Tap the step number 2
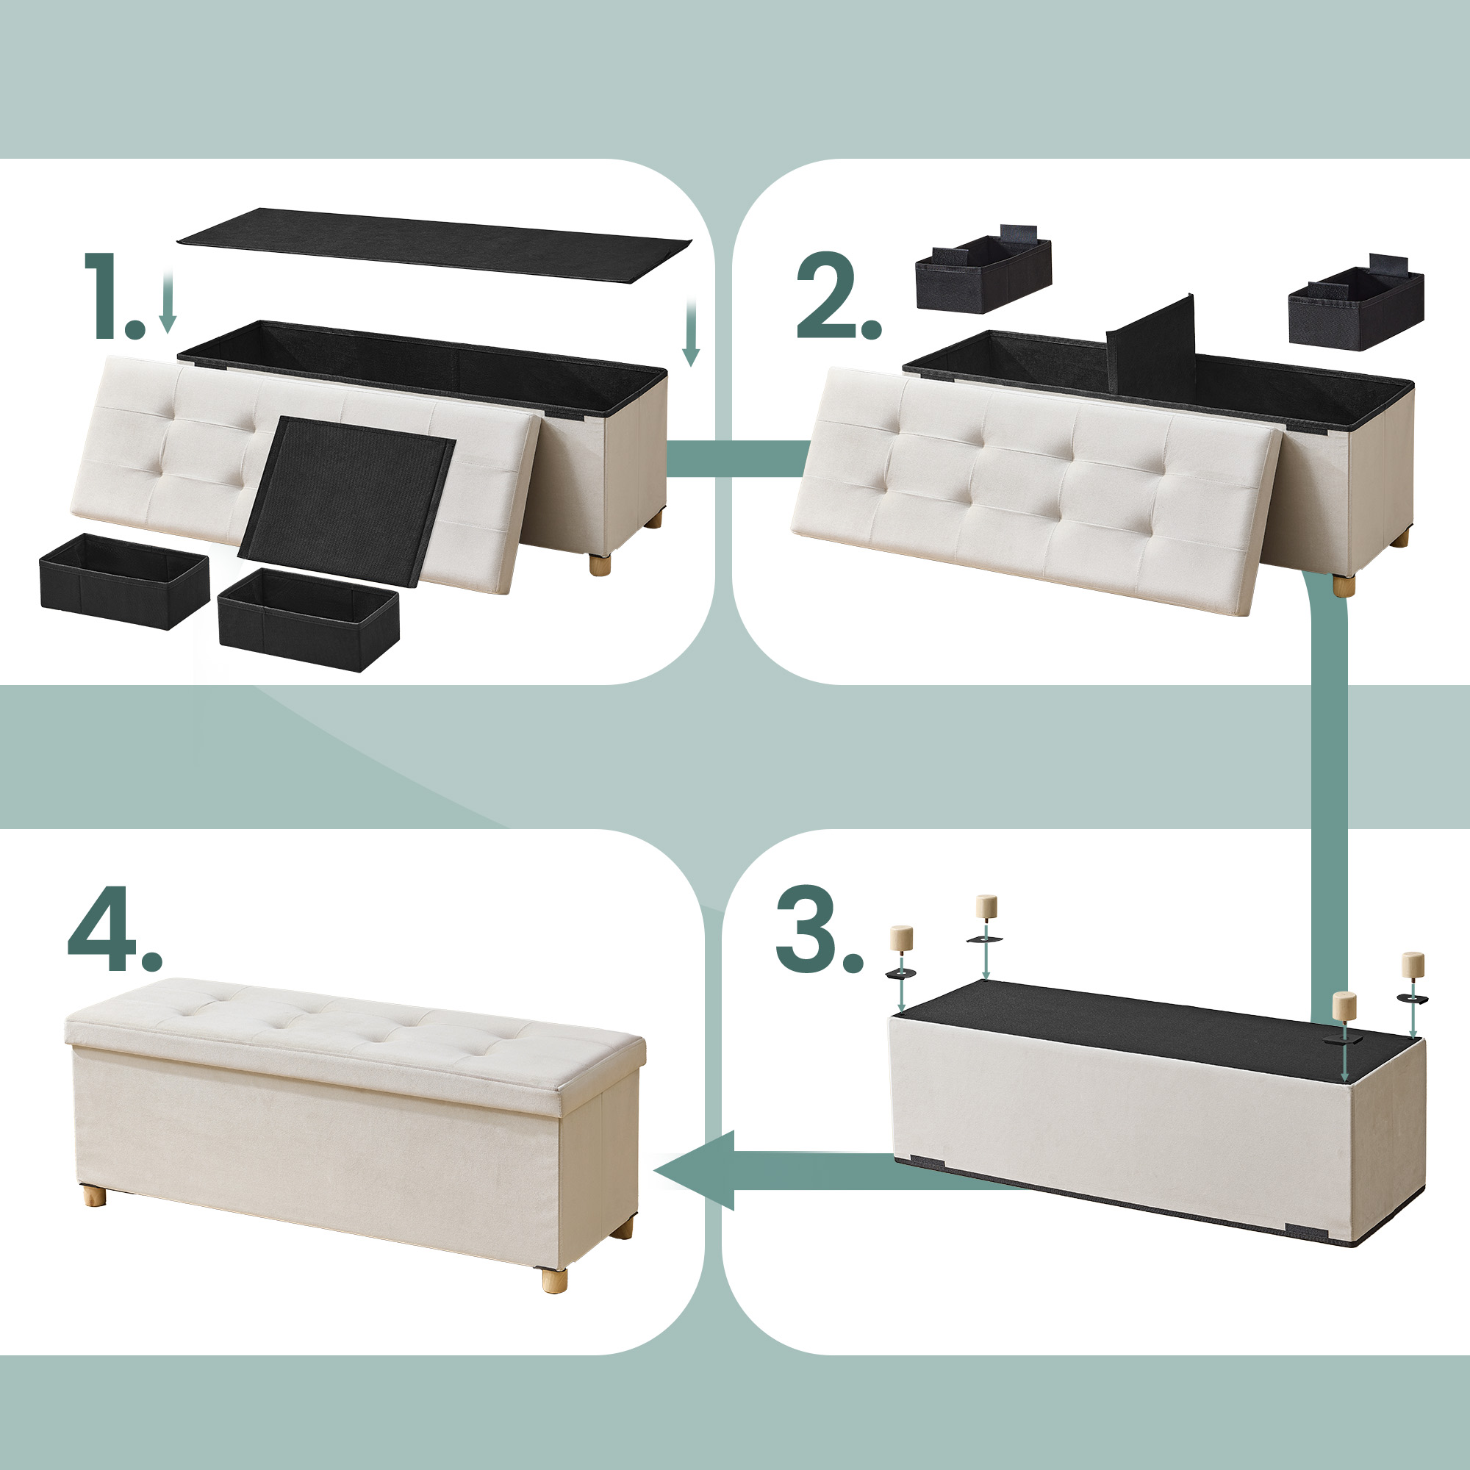(839, 296)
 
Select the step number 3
(820, 929)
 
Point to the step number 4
(115, 929)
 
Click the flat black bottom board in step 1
(434, 245)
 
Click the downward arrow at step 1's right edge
(690, 331)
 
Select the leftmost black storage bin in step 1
(124, 581)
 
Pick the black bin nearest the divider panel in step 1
(308, 620)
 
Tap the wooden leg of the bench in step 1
(600, 565)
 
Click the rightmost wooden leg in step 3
(1413, 964)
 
